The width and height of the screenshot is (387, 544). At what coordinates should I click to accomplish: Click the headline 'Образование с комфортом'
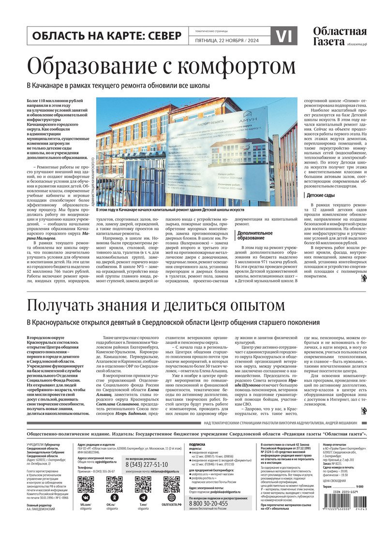[161, 66]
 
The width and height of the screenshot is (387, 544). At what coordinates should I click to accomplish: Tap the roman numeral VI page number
[286, 36]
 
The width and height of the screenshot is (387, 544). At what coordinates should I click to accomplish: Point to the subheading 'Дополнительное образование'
[251, 235]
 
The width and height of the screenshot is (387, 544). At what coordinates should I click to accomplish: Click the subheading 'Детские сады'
[320, 195]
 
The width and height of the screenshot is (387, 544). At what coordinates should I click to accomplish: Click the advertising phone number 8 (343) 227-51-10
[147, 464]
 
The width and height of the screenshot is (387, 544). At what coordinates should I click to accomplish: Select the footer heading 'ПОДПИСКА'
[197, 444]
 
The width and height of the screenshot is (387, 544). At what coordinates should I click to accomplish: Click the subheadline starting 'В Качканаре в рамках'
[118, 86]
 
